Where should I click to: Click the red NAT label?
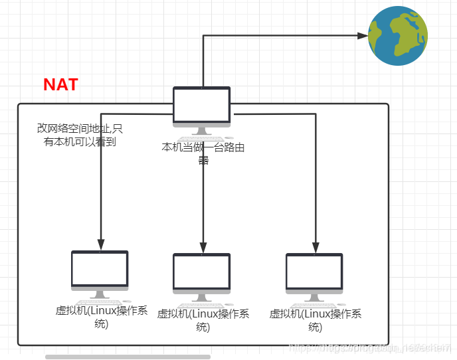tap(60, 85)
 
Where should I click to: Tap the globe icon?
tap(398, 36)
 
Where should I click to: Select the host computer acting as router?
tap(202, 106)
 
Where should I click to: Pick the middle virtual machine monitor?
tap(202, 272)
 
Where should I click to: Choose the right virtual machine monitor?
tap(314, 272)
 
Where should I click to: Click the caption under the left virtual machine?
tap(101, 317)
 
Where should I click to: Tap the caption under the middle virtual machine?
tap(203, 320)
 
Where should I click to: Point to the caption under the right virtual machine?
tap(315, 320)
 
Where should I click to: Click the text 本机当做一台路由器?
tap(203, 153)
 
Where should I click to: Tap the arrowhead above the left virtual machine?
tap(100, 243)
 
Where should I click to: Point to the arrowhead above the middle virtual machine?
tap(203, 245)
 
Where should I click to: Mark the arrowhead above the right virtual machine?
tap(316, 245)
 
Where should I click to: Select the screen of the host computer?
tap(202, 103)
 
